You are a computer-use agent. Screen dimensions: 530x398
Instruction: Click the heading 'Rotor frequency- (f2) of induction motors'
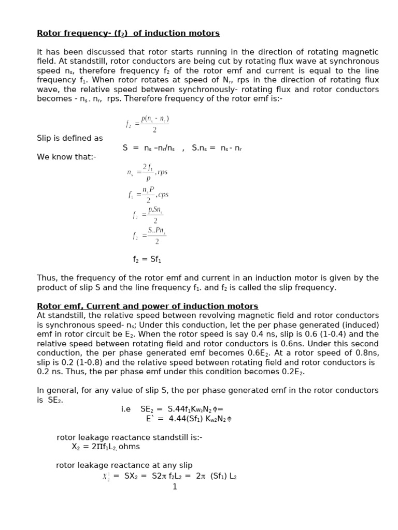tap(128, 33)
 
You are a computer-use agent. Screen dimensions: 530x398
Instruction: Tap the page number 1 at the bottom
tap(175, 487)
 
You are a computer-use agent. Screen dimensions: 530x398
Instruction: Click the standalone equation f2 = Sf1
tap(150, 259)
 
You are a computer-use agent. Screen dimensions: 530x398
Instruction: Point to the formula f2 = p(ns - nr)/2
tap(148, 124)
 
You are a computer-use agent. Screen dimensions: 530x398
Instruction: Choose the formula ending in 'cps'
tap(148, 195)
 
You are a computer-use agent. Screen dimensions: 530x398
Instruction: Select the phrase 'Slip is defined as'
tap(69, 138)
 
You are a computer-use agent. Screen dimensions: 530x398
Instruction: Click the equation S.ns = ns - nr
tap(217, 148)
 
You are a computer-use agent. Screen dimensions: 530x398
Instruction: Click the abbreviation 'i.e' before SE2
tap(126, 409)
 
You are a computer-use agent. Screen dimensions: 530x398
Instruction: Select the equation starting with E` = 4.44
tap(188, 419)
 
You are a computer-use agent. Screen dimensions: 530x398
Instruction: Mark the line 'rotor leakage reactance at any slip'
tap(124, 465)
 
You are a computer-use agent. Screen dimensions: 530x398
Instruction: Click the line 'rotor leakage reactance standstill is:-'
tap(129, 437)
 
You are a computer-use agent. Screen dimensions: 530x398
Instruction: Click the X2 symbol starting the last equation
tap(106, 477)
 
